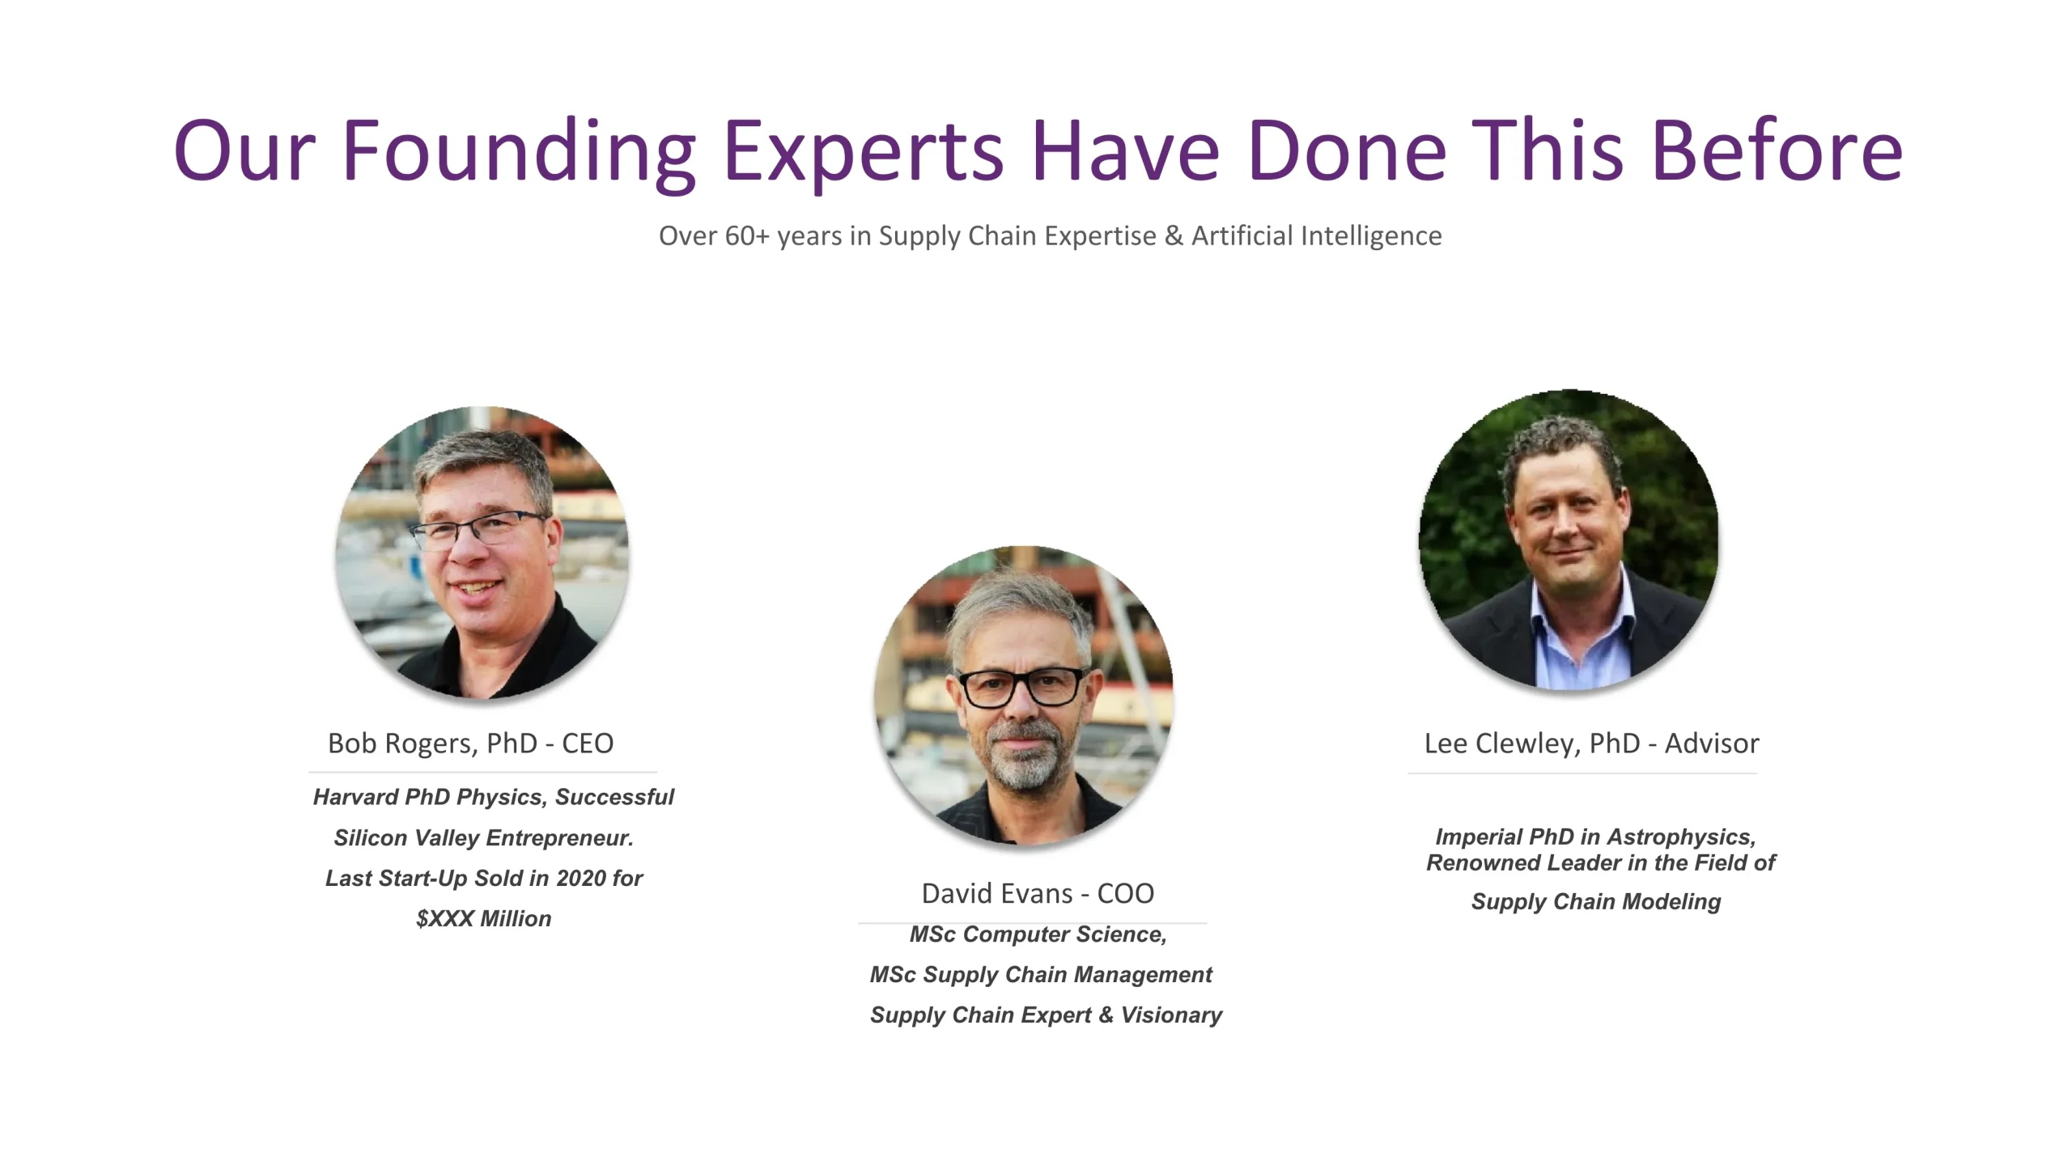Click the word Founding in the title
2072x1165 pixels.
(x=519, y=151)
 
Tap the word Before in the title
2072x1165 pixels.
(x=1777, y=150)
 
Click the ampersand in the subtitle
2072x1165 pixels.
(x=1174, y=235)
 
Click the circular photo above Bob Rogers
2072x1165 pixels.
(x=482, y=553)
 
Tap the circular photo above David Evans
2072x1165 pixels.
(x=1024, y=696)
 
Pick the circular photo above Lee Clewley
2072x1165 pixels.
(x=1569, y=540)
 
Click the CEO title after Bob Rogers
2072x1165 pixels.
(x=588, y=743)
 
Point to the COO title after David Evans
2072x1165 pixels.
(x=1125, y=893)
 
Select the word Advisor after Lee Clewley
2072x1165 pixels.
(x=1712, y=743)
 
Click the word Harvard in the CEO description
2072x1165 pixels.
(x=355, y=797)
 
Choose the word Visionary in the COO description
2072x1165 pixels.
(x=1171, y=1015)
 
